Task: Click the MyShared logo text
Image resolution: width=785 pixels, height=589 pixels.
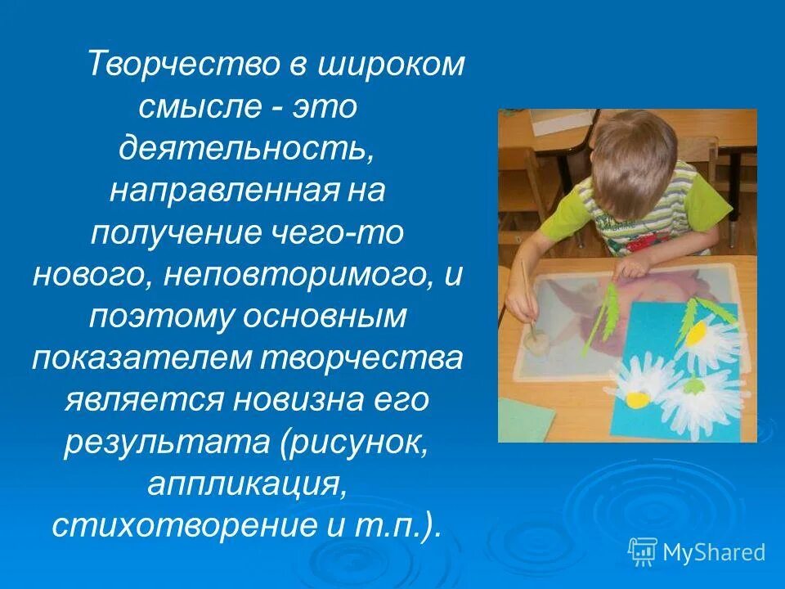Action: (x=713, y=552)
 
